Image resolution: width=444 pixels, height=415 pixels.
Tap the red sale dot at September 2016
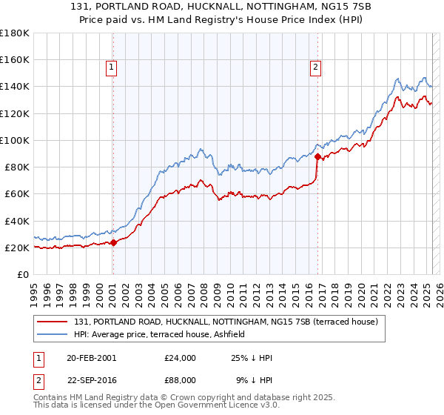(317, 156)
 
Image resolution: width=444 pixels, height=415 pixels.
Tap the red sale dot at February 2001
(114, 242)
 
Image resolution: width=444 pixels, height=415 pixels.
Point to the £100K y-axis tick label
(14, 140)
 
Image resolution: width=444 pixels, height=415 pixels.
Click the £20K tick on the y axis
(17, 248)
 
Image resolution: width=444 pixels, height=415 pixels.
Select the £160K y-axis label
(14, 59)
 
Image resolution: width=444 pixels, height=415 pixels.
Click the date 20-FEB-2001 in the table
(91, 358)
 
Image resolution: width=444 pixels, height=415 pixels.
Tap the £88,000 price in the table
(181, 379)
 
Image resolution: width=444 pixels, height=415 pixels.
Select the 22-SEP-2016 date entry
(91, 379)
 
